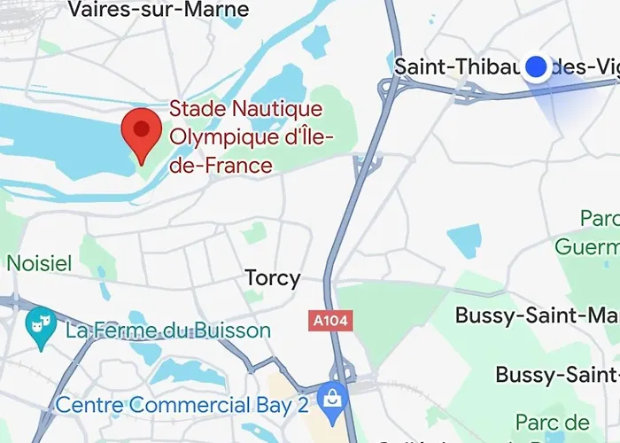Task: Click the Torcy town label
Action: (x=272, y=278)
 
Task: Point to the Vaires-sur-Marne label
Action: (x=159, y=11)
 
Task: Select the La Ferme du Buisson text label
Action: (x=168, y=331)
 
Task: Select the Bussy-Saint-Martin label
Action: (x=536, y=315)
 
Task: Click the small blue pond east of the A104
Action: (x=464, y=240)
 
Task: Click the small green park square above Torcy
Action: (x=255, y=233)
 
